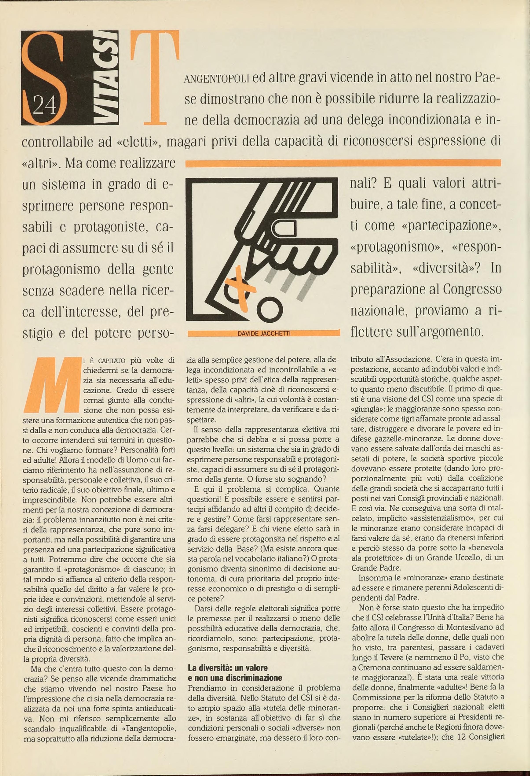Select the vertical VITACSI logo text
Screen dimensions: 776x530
[108, 78]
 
